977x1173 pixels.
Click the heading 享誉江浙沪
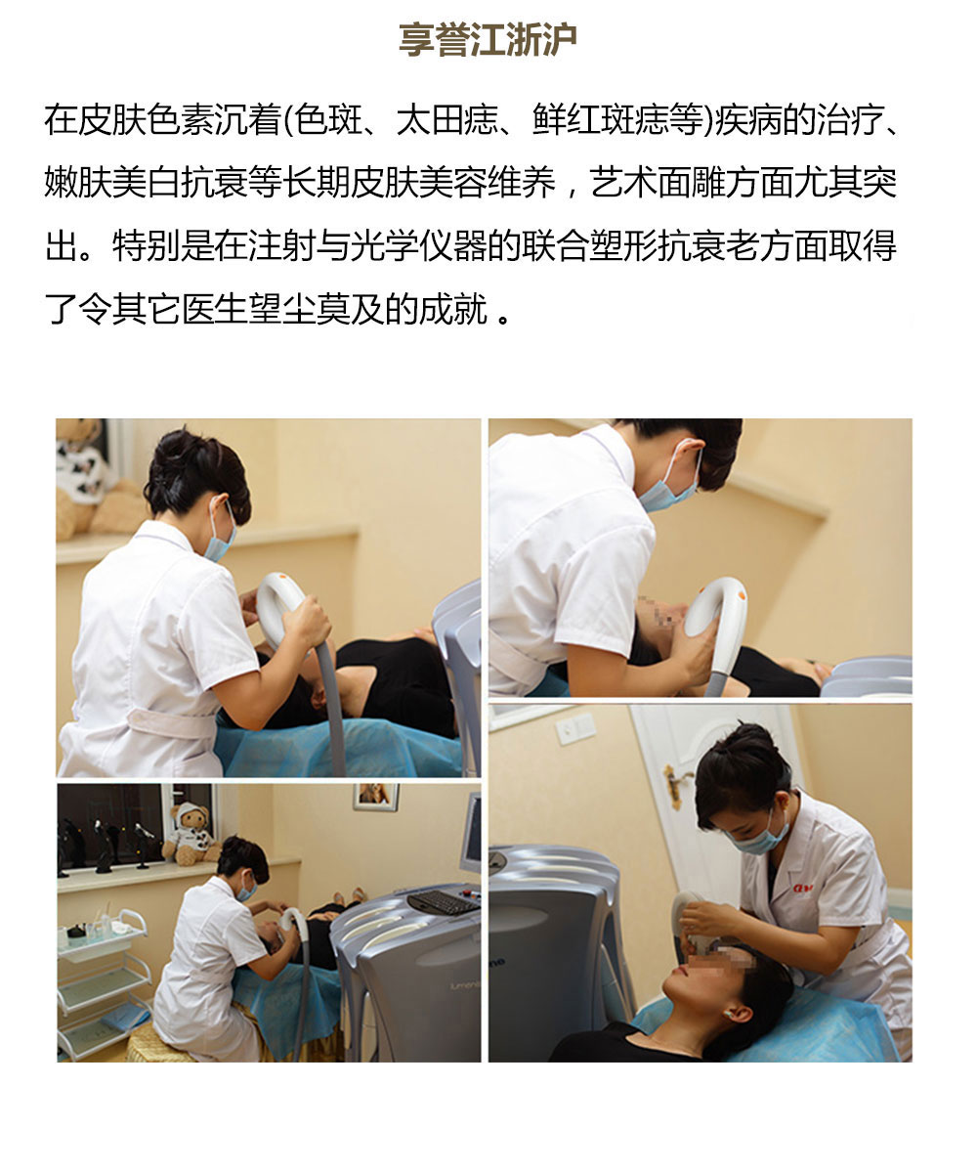488,39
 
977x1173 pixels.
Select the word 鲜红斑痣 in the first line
600,119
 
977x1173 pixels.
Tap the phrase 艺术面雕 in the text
658,182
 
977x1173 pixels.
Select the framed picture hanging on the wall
375,796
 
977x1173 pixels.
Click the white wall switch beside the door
575,727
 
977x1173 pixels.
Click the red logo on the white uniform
802,888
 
